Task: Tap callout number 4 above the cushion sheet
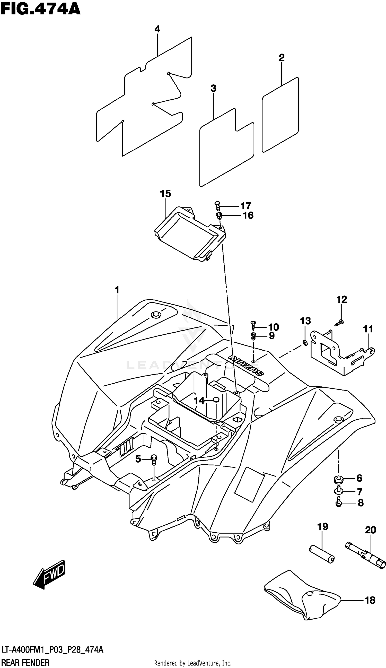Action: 157,29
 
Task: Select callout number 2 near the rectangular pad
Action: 282,57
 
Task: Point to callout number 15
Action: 165,194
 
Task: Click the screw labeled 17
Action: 217,205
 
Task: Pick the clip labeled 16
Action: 219,215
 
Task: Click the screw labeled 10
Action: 253,325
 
